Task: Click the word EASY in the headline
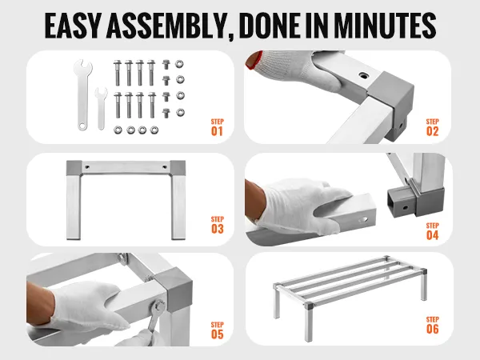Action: point(73,26)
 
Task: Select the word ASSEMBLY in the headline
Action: point(168,26)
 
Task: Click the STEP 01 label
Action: point(217,127)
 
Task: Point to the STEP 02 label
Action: point(432,127)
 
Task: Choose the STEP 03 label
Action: point(217,225)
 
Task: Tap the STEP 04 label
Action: point(432,231)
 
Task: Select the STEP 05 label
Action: point(217,330)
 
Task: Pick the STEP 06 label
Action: point(432,325)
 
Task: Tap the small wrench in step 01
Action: point(101,108)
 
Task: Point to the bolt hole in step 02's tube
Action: point(363,75)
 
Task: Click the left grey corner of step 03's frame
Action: point(74,168)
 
